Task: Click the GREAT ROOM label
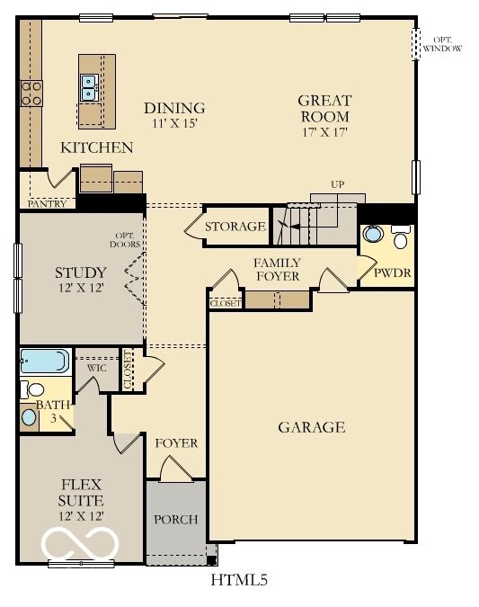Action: (324, 109)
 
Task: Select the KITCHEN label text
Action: (97, 147)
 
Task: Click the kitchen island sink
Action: (90, 87)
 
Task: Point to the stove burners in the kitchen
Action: (31, 92)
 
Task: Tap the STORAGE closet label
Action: (235, 227)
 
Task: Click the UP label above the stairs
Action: (338, 184)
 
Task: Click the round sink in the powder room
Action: (373, 236)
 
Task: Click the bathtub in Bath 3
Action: (44, 362)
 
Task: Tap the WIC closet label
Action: (97, 368)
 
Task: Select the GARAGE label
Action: (311, 427)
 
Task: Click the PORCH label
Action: (175, 520)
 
